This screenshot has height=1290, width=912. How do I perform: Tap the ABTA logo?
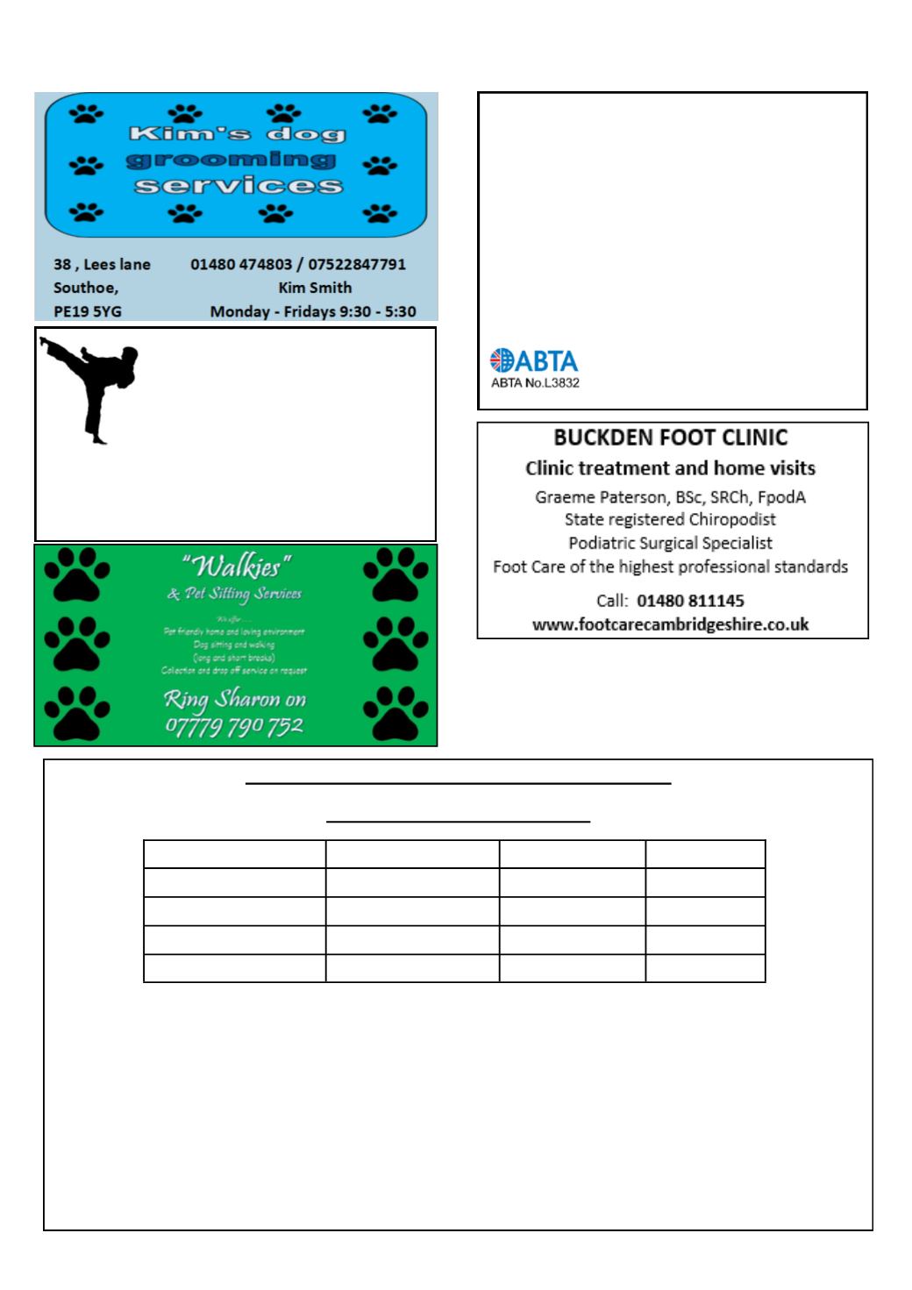(x=533, y=360)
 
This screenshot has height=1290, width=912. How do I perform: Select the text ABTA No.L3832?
(x=535, y=383)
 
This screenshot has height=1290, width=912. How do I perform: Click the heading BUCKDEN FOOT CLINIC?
(x=671, y=438)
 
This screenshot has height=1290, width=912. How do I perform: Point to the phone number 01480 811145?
(x=690, y=601)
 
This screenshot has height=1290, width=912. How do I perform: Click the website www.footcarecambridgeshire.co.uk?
(x=671, y=625)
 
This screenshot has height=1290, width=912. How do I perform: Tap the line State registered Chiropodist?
(x=671, y=519)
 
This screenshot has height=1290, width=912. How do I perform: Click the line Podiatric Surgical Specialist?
(x=671, y=543)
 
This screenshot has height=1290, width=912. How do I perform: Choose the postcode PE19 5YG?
(x=88, y=310)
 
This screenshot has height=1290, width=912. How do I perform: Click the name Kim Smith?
(x=315, y=288)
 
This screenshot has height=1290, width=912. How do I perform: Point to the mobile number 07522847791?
(x=357, y=264)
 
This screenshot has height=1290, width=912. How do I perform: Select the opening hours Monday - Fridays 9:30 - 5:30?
(x=313, y=311)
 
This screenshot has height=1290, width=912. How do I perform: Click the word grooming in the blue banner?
(x=232, y=160)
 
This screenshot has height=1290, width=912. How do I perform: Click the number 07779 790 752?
(x=235, y=726)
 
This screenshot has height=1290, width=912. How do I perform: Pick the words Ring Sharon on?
(x=235, y=700)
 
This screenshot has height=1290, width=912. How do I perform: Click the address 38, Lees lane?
(x=102, y=264)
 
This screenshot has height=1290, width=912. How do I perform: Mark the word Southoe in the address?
(x=85, y=288)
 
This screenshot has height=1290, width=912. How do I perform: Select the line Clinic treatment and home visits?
(x=671, y=468)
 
